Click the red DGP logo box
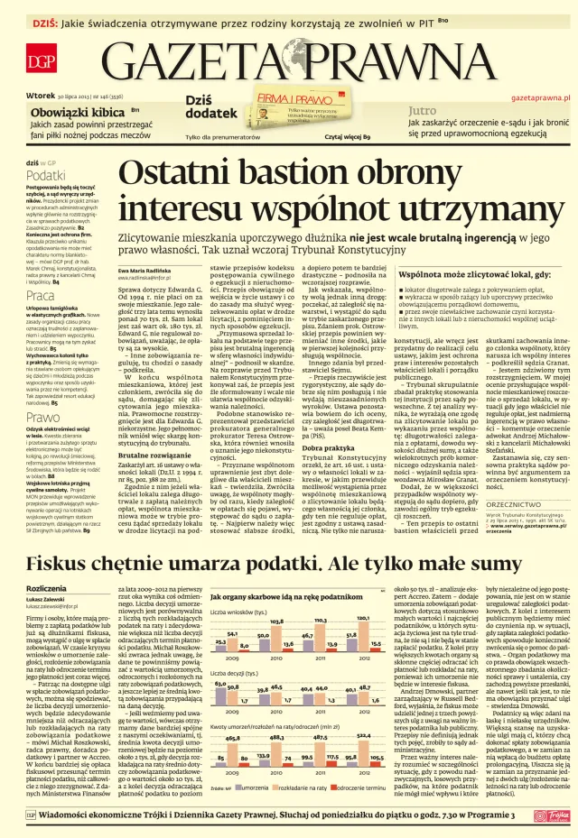pyautogui.click(x=40, y=62)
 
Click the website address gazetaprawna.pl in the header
pyautogui.click(x=540, y=96)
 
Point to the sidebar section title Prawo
pyautogui.click(x=42, y=418)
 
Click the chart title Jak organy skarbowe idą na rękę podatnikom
pyautogui.click(x=284, y=598)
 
